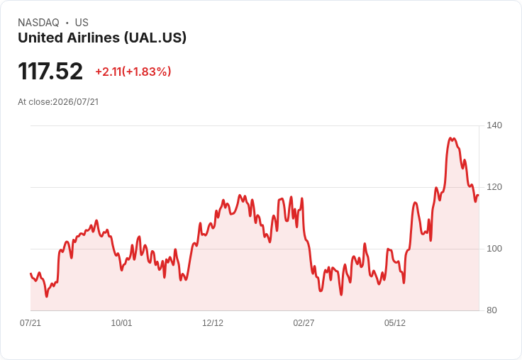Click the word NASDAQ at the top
click(x=38, y=23)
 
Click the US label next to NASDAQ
click(x=82, y=23)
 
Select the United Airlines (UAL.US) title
click(x=102, y=38)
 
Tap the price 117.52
click(x=50, y=71)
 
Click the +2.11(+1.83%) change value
click(x=133, y=72)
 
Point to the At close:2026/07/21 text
click(x=58, y=102)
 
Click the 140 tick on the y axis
click(x=494, y=125)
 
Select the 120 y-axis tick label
click(x=494, y=187)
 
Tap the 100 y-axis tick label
click(x=494, y=249)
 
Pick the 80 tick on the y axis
click(x=492, y=310)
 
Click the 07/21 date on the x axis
click(x=30, y=323)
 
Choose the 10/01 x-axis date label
click(x=121, y=323)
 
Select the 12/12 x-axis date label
click(x=213, y=323)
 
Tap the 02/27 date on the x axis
click(x=304, y=323)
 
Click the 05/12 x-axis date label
click(x=395, y=323)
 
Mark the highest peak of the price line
click(x=450, y=137)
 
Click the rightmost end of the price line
click(x=479, y=196)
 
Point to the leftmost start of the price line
click(x=30, y=274)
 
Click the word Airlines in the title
click(x=93, y=38)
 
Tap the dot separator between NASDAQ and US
click(x=67, y=23)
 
